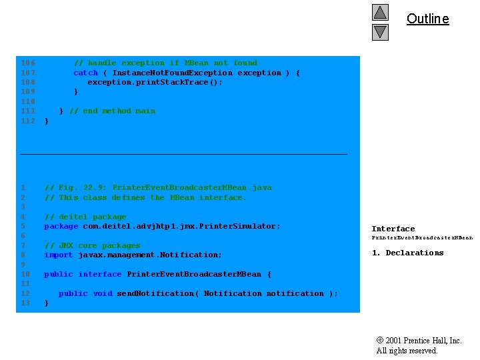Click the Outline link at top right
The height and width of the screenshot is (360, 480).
point(427,19)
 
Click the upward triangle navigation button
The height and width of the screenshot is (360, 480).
point(380,12)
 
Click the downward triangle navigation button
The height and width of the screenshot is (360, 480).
point(380,31)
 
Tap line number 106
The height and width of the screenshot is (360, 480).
point(28,63)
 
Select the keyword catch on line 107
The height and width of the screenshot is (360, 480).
point(85,73)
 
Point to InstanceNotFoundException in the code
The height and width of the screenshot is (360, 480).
point(172,73)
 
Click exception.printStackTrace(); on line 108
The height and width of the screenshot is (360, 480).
point(155,82)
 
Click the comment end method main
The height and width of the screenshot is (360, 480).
point(112,111)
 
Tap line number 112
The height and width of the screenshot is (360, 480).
point(28,121)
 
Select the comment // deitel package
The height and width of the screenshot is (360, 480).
point(85,217)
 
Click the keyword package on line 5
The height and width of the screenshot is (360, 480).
point(61,226)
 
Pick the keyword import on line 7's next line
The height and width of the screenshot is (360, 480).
point(59,255)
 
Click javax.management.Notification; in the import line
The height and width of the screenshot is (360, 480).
point(150,255)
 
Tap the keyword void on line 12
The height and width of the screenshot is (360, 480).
point(103,293)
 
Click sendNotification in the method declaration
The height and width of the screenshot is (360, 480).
point(157,293)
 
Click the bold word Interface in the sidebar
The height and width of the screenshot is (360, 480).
point(393,229)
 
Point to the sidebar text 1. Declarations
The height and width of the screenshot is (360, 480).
point(407,253)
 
